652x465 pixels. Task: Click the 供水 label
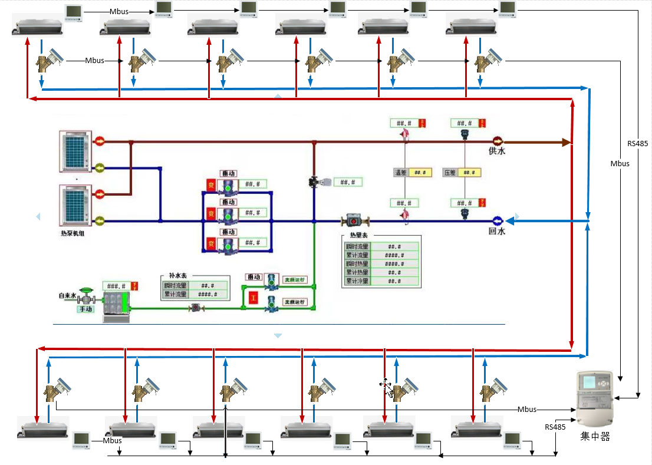[x=497, y=151]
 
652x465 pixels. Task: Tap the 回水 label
[x=497, y=232]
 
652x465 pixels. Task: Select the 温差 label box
[x=401, y=173]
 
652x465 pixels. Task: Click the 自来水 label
[x=67, y=295]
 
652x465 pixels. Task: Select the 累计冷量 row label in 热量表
[x=357, y=281]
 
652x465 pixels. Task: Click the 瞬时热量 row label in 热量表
[x=357, y=264]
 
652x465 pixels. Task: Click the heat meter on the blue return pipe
[x=354, y=222]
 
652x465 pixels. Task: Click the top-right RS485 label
[x=638, y=143]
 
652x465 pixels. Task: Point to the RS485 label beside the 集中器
[x=555, y=427]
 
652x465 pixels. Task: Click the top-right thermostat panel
[x=507, y=8]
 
